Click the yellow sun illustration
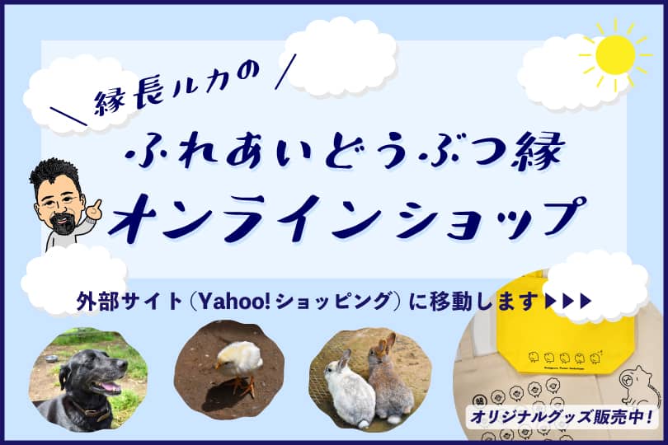pos(615,55)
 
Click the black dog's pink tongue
pos(109,387)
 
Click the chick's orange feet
pos(243,385)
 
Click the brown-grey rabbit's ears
pos(384,344)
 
